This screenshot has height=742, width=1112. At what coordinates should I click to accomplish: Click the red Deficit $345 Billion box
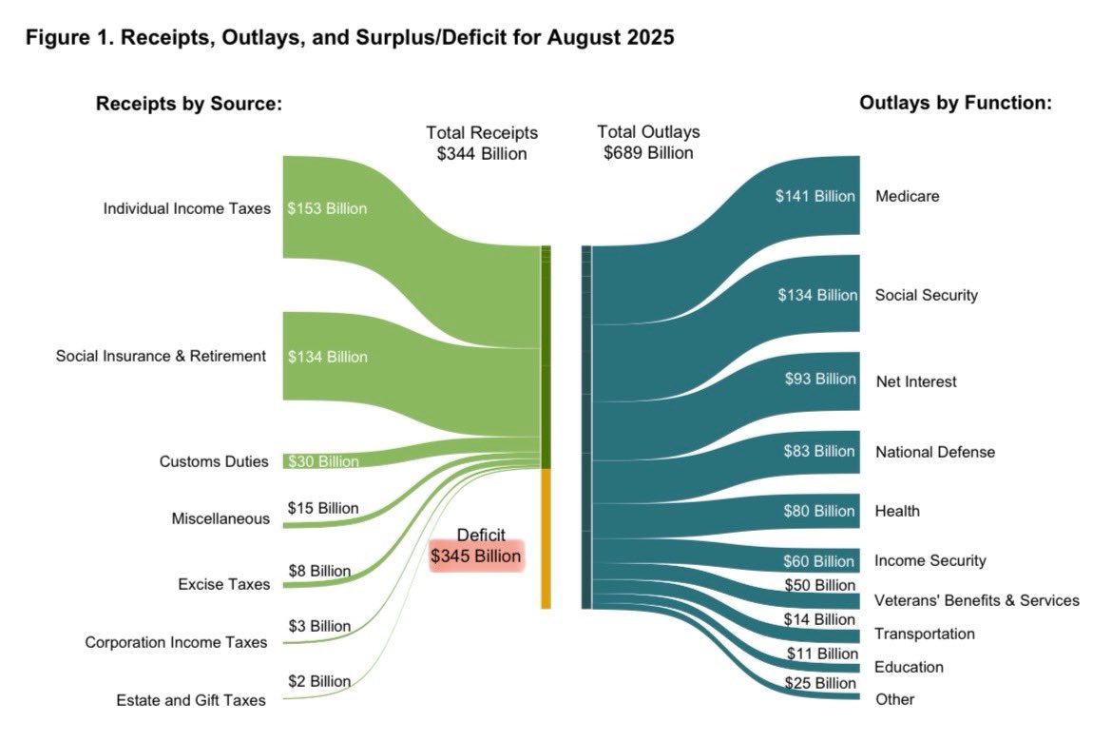pos(476,556)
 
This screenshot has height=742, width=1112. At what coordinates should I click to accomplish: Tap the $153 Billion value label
pos(327,208)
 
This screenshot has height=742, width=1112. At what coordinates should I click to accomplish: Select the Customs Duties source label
pos(214,461)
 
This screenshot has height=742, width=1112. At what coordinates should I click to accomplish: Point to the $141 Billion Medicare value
pos(815,196)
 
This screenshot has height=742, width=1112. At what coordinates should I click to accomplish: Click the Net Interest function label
pos(915,381)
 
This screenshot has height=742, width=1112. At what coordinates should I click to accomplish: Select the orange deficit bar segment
pos(546,538)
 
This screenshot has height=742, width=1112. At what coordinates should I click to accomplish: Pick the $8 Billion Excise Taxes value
pos(319,571)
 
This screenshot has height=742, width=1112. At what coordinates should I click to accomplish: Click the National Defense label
pos(934,452)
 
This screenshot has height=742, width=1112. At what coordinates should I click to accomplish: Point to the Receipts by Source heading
pos(189,103)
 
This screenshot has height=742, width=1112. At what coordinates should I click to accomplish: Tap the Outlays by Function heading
pos(955,103)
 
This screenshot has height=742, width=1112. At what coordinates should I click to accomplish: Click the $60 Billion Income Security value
pos(818,561)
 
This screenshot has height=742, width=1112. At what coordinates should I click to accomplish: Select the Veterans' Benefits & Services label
pos(976,600)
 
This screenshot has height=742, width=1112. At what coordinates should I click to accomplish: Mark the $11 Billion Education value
pos(822,654)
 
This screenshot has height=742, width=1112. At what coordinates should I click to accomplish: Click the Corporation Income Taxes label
pos(176,642)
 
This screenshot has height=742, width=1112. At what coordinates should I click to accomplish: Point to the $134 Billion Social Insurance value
pos(327,357)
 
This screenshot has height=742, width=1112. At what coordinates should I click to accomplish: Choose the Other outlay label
pos(893,699)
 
